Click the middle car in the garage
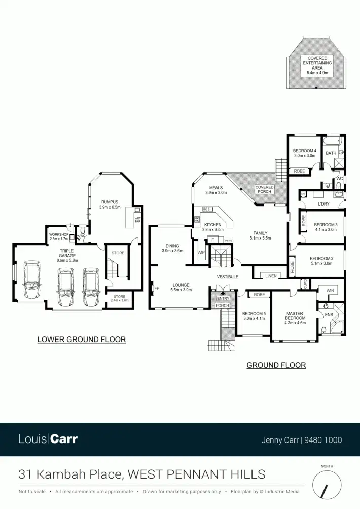66,287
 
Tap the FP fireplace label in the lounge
157,289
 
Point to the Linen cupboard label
271,276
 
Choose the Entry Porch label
223,302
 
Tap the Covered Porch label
264,189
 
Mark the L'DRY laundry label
324,204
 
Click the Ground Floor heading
276,365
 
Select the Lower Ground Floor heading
81,340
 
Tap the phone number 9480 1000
323,440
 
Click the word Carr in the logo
64,439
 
